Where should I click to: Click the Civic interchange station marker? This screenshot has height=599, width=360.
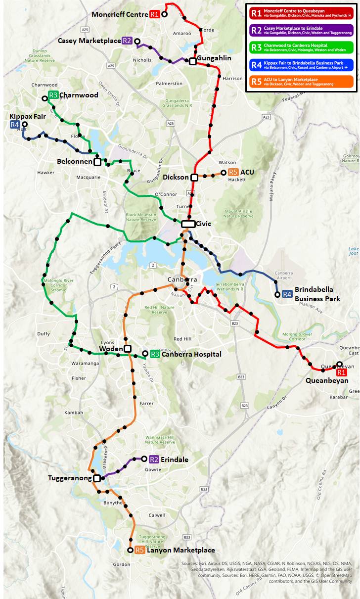188,224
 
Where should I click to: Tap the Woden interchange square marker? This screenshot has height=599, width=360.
128,349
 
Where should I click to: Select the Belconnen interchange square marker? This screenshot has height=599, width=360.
97,162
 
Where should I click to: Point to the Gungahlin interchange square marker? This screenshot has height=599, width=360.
192,61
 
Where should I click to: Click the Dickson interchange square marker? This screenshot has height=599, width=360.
194,177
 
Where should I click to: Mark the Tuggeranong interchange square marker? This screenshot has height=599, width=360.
97,478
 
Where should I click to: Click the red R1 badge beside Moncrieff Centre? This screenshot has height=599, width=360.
155,14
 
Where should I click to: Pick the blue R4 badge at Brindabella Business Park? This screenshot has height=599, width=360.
287,295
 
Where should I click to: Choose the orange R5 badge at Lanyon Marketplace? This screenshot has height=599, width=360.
140,550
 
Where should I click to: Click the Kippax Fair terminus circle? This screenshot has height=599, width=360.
24,125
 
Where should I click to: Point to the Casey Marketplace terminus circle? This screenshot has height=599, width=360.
137,41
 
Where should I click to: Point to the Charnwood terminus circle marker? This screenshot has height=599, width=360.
45,99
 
